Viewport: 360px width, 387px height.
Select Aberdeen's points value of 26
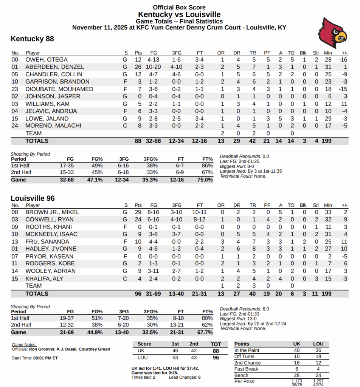point(138,67)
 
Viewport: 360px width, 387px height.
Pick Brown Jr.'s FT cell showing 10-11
point(199,212)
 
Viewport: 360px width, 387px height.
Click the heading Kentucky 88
point(32,39)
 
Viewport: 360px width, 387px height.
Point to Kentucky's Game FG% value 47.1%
point(95,180)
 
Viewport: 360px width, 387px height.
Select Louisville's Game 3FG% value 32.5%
point(150,332)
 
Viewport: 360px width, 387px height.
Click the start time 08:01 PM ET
point(45,358)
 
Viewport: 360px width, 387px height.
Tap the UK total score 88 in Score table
point(216,351)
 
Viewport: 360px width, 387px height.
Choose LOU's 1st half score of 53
point(175,357)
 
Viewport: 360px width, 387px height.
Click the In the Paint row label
point(247,350)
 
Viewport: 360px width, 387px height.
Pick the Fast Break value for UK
point(297,369)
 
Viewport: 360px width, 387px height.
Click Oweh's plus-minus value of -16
point(343,60)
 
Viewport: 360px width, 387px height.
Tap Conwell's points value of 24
point(138,219)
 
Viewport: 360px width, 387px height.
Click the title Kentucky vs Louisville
point(179,14)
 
